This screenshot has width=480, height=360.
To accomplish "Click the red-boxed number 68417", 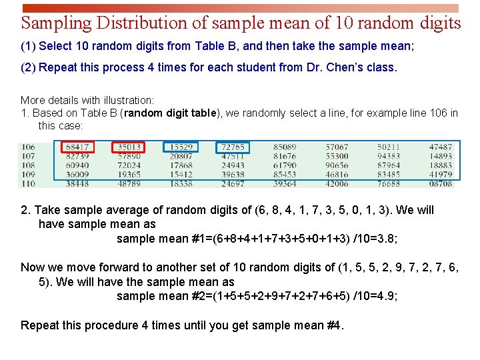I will [77, 147].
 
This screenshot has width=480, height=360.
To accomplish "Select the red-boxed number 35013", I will [129, 147].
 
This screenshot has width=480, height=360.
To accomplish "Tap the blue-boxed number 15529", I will [181, 147].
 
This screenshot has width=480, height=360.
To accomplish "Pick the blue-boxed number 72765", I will [233, 147].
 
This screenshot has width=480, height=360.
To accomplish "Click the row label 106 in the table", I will [28, 147].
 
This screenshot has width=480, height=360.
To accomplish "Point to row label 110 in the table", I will [28, 183].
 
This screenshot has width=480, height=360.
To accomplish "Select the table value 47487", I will [441, 147].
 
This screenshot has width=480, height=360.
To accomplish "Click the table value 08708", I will [441, 183].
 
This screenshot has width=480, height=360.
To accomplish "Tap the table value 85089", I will [285, 147].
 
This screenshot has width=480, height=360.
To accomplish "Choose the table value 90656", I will [337, 165].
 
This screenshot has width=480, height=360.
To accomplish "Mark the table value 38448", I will [77, 183].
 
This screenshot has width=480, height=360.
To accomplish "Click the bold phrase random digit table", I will [170, 113].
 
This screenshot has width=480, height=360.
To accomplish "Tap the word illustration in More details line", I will [127, 100].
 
